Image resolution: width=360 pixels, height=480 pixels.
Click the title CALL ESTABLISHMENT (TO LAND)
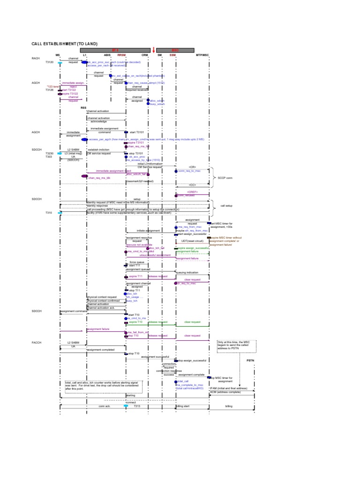click(x=64, y=44)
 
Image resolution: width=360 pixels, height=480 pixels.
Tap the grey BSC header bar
click(x=175, y=50)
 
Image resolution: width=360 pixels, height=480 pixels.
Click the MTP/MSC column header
click(x=202, y=55)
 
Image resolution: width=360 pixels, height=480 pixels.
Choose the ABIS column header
click(x=107, y=55)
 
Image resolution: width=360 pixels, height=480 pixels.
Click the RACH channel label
click(x=36, y=58)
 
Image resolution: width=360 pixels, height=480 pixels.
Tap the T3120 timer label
click(x=50, y=62)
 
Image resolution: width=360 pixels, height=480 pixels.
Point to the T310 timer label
click(x=49, y=213)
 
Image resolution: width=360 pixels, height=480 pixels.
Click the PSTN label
click(x=251, y=360)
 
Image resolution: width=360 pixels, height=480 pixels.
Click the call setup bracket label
click(x=226, y=206)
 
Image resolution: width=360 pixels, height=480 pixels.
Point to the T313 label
click(x=137, y=406)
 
